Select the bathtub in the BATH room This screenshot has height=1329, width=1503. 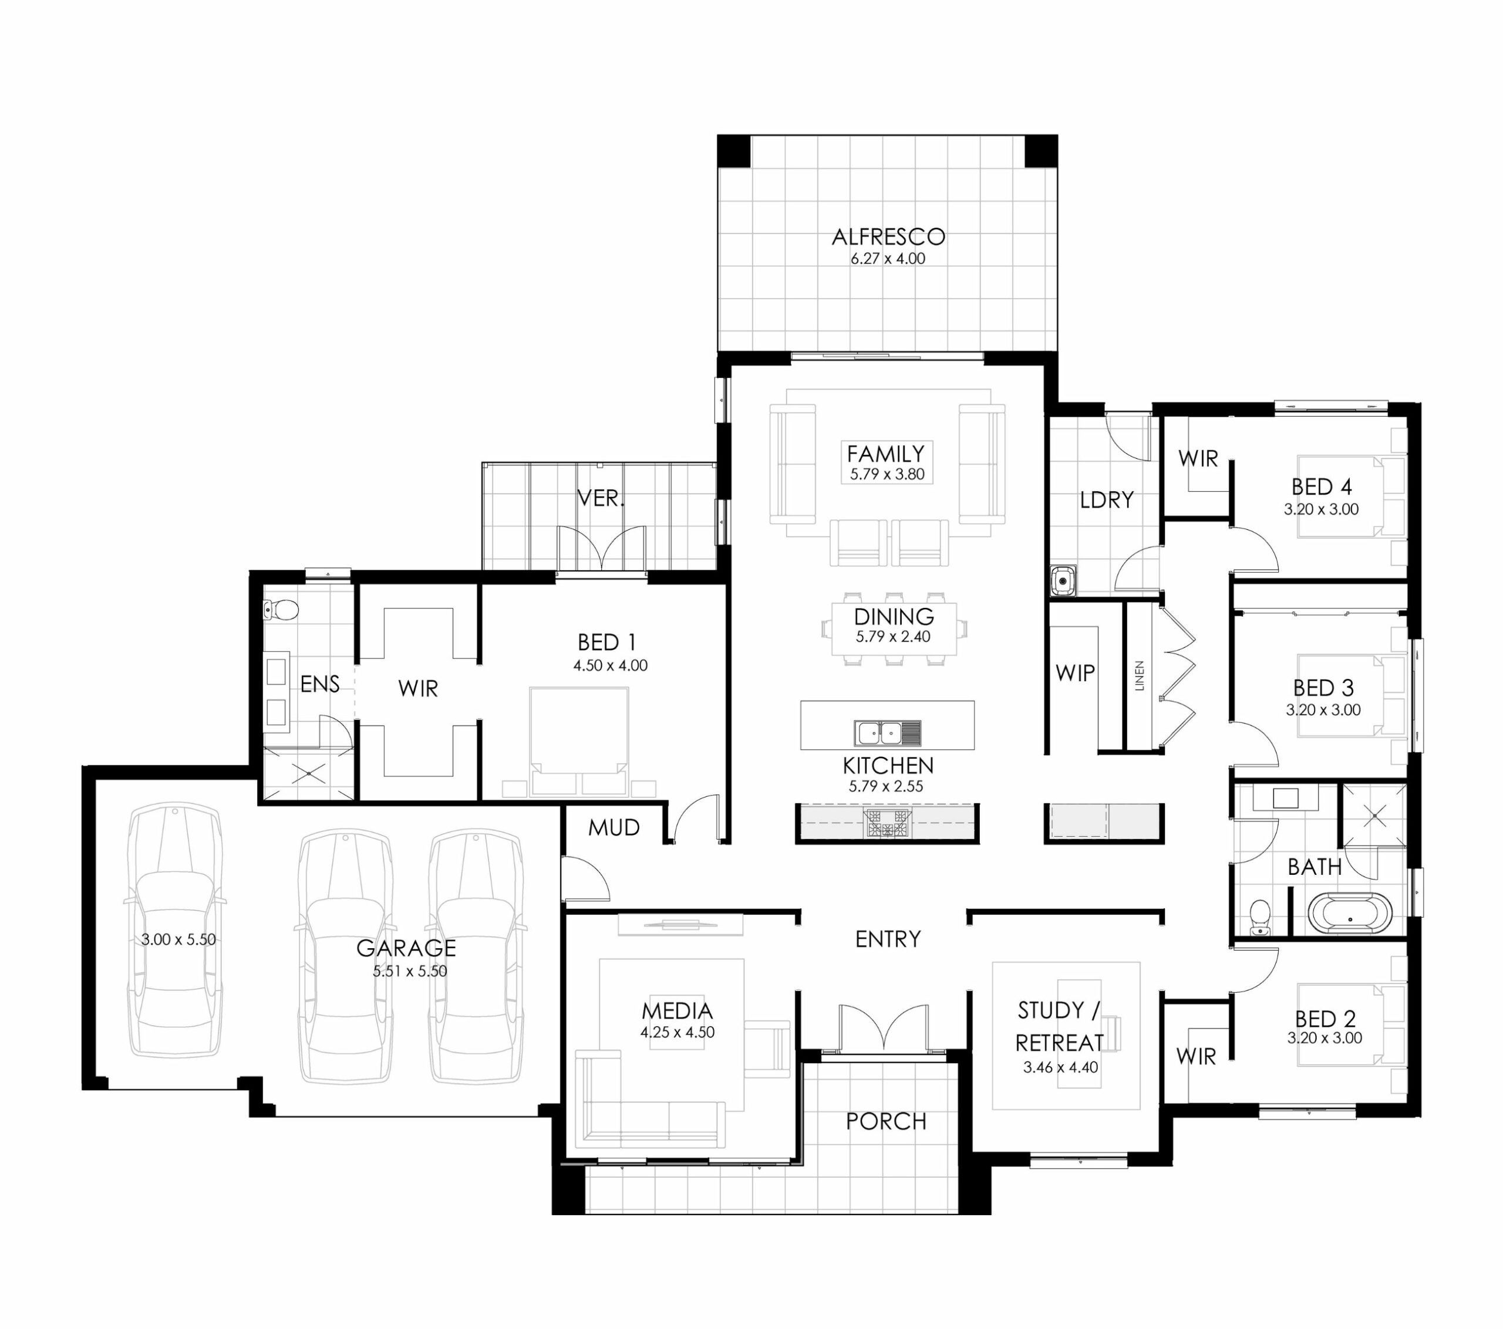(x=1350, y=913)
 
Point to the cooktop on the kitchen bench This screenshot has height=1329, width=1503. (x=888, y=823)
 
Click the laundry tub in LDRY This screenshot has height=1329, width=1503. (x=1063, y=580)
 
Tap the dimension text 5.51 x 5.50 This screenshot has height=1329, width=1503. (x=410, y=971)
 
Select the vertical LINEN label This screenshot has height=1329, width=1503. (x=1140, y=675)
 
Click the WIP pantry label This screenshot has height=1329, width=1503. (x=1075, y=672)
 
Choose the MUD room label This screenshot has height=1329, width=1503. (x=614, y=828)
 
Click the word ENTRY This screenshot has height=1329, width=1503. (x=888, y=939)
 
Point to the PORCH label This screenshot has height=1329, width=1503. (x=886, y=1121)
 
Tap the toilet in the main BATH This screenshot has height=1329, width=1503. (x=1261, y=917)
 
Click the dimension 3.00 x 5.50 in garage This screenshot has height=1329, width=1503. (x=178, y=939)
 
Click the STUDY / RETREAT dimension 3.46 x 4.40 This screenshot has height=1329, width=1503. (x=1060, y=1067)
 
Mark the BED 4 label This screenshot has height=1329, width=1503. (x=1322, y=486)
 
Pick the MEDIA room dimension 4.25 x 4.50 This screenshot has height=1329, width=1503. (x=678, y=1032)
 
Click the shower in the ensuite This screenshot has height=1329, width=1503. (x=309, y=773)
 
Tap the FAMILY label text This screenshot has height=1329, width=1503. (x=886, y=454)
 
